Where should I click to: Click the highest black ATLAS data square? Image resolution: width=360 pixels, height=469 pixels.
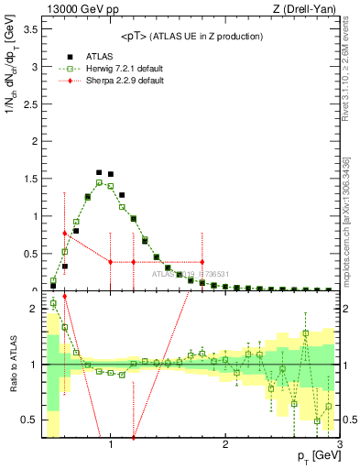(x=99, y=171)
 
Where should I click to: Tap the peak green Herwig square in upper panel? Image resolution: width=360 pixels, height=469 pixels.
(x=99, y=182)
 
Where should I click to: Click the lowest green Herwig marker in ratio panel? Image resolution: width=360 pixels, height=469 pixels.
(x=317, y=421)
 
